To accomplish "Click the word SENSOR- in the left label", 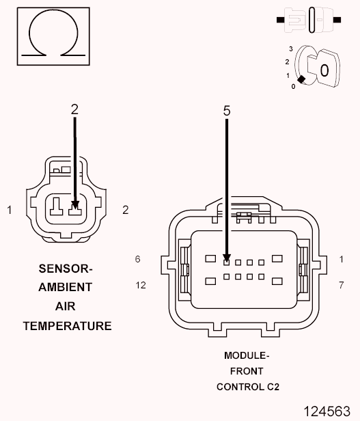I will [x=66, y=269].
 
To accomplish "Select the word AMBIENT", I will [x=66, y=288].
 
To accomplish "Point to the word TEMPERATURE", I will [x=67, y=326].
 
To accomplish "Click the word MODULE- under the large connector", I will [x=247, y=355].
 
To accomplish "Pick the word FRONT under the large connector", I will [x=247, y=371].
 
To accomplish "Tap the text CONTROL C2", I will [x=247, y=387].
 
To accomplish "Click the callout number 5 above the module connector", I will [x=227, y=109].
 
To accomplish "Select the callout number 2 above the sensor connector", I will [x=74, y=109].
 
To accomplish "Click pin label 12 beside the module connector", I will [x=141, y=284].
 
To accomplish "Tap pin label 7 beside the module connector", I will [x=341, y=284].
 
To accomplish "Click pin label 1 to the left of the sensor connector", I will [x=10, y=210].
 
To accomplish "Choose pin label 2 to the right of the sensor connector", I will [x=125, y=210].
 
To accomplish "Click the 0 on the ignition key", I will [x=324, y=70].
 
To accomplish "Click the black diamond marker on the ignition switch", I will [x=301, y=79].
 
